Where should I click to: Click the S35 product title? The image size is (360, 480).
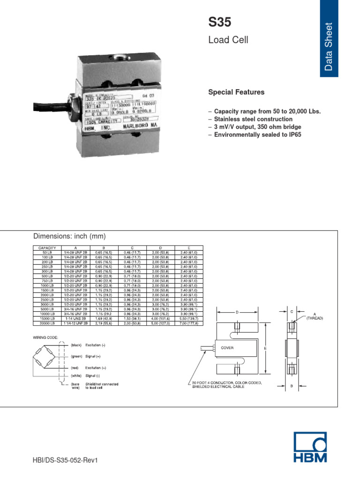pos(219,22)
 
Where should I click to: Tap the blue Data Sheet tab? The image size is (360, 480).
pos(329,37)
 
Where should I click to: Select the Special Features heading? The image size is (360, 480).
pos(236,92)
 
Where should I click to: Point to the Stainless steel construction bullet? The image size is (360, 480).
pos(253,119)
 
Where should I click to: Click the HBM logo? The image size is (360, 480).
pos(310,447)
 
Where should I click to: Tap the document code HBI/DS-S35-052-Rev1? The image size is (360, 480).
pos(67,460)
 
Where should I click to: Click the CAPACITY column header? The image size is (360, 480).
pos(47,247)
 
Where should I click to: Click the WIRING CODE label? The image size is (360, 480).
pos(45,337)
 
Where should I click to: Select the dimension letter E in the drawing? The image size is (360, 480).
pos(265,348)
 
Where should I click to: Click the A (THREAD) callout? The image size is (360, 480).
pos(314,316)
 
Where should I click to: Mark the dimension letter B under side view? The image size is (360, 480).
pos(291,386)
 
